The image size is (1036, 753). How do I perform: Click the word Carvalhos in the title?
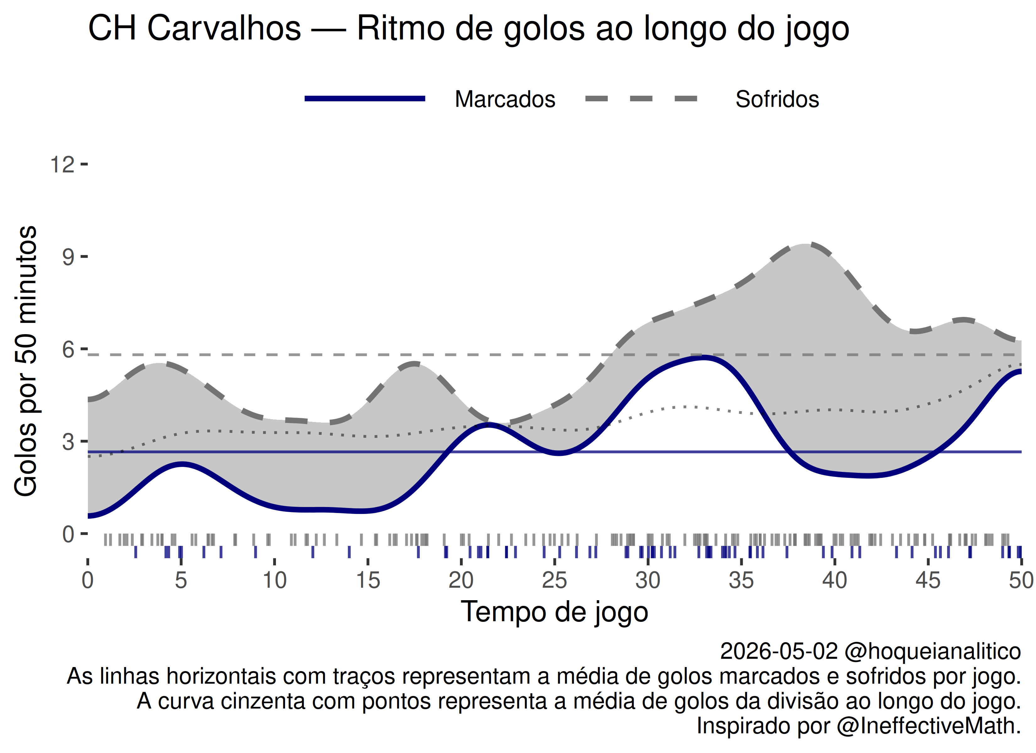224,28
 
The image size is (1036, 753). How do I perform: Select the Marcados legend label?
505,99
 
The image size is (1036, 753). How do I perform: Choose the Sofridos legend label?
777,99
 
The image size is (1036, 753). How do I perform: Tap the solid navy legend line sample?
365,99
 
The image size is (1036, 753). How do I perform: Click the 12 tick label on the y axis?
62,164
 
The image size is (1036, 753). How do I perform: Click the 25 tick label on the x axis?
554,580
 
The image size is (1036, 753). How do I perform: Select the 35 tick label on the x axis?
741,580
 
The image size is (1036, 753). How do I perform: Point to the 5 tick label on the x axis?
181,580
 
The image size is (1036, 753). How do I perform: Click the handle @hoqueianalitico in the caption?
932,651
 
